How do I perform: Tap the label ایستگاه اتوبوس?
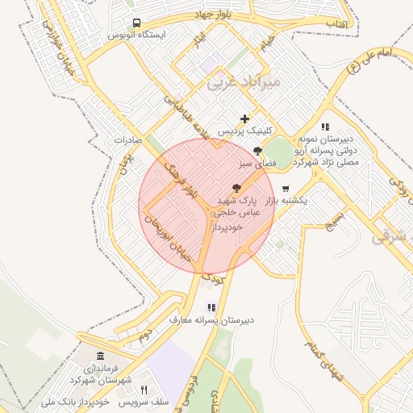coord(142,35)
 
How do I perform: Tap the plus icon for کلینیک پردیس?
coord(245,119)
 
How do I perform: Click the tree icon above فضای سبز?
coord(257,151)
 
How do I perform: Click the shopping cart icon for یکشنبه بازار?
coord(286,188)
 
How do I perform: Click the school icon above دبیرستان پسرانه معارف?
coord(211,307)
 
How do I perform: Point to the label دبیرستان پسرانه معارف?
coord(211,319)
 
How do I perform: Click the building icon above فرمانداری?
coord(100,356)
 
